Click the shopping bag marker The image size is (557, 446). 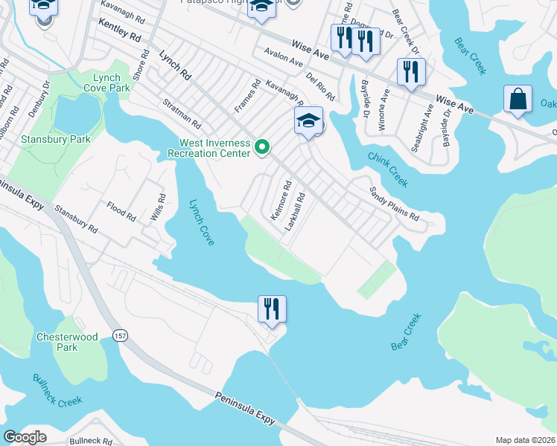point(518,100)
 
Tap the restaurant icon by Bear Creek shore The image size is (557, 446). point(272,308)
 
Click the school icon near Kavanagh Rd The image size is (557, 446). point(309,121)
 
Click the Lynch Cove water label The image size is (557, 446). point(201,222)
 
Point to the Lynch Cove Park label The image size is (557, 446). point(112,83)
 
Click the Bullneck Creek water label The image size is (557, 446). point(57,390)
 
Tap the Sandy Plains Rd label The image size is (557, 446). point(395,203)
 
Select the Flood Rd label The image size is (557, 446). point(121,213)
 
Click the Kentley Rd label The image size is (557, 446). point(119,30)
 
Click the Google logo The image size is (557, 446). point(25,437)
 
